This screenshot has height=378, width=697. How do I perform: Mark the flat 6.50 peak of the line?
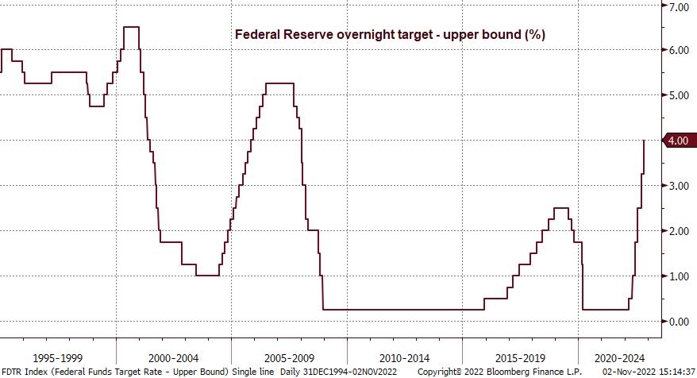tap(132, 27)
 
